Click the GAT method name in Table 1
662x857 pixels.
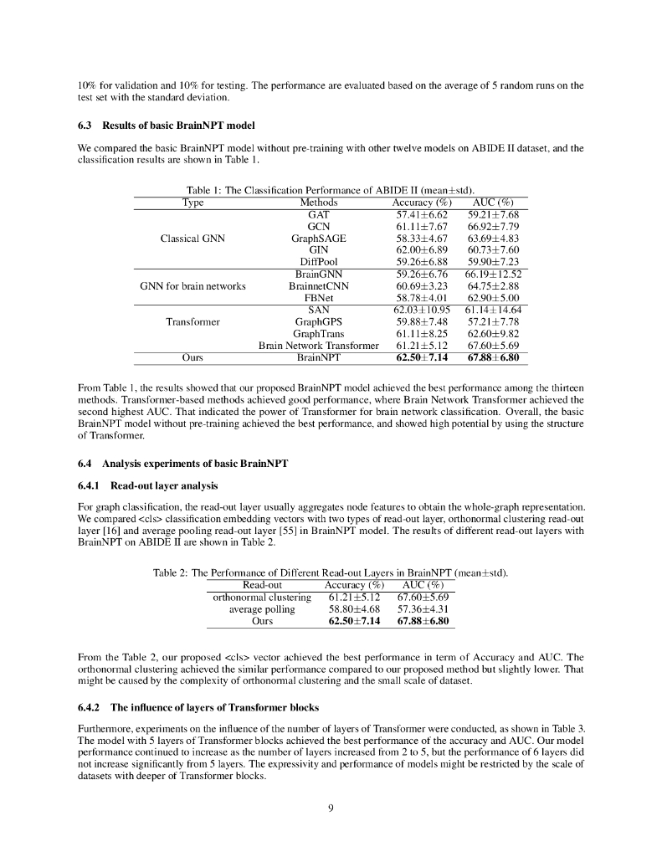pyautogui.click(x=318, y=214)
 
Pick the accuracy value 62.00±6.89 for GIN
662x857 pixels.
pyautogui.click(x=422, y=249)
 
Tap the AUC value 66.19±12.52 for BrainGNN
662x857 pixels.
pyautogui.click(x=493, y=274)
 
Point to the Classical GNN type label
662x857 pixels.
pyautogui.click(x=192, y=239)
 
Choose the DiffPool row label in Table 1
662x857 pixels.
pyautogui.click(x=318, y=261)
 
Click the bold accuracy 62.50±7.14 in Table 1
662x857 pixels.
pyautogui.click(x=422, y=357)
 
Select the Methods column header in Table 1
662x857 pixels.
pyautogui.click(x=318, y=203)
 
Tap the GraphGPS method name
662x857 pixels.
pyautogui.click(x=318, y=321)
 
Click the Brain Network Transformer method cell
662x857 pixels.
pyautogui.click(x=318, y=345)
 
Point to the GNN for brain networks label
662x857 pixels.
pyautogui.click(x=192, y=285)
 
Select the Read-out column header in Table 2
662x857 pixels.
pyautogui.click(x=263, y=585)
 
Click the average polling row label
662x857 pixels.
pyautogui.click(x=262, y=609)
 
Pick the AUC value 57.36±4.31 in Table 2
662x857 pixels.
pyautogui.click(x=422, y=609)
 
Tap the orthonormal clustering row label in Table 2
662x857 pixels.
pyautogui.click(x=262, y=598)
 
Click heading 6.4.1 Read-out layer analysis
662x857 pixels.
pyautogui.click(x=147, y=485)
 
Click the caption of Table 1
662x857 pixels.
pyautogui.click(x=331, y=191)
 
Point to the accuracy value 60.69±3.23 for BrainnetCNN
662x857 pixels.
pyautogui.click(x=422, y=285)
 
